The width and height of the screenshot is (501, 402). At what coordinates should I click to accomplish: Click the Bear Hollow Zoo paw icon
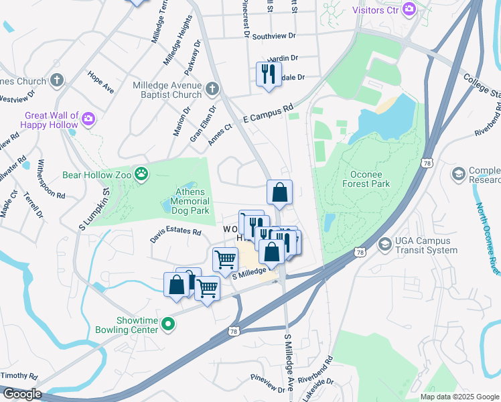coord(141,176)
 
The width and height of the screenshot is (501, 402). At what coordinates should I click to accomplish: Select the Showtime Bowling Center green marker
coord(168,326)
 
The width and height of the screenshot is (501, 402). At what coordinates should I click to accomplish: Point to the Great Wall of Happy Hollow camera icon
coord(88,119)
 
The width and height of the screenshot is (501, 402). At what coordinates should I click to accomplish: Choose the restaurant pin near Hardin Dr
coord(269,74)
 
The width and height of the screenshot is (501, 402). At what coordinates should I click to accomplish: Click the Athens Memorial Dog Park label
coord(192,201)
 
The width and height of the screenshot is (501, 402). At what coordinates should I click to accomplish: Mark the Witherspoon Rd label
coord(50,179)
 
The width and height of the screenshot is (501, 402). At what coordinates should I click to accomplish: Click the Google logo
coord(21,394)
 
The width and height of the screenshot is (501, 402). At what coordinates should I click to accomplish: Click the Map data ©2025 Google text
coord(459,397)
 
